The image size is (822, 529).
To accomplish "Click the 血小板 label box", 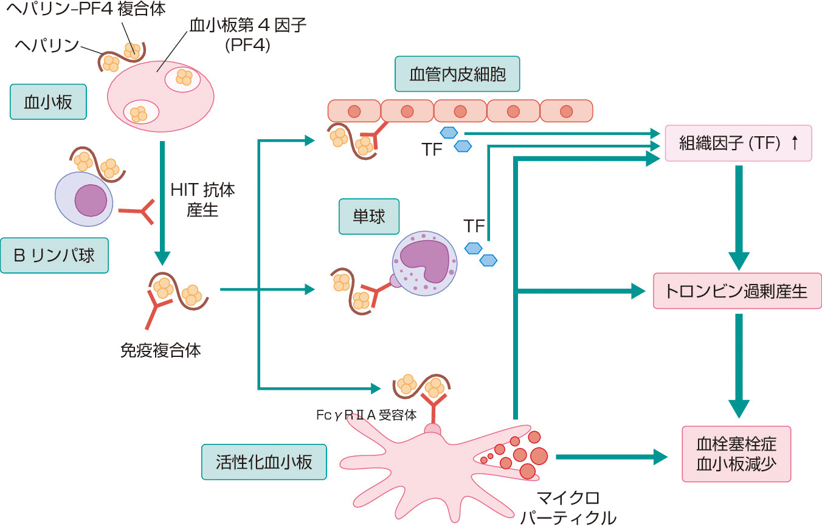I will [48, 102].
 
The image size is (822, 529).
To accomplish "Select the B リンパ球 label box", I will [54, 255].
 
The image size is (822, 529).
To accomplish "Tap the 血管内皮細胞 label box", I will [457, 74].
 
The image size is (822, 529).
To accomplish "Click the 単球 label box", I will [368, 216].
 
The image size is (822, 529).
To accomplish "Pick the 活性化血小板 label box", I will [263, 462].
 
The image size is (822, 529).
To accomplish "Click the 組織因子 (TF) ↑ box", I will [738, 143].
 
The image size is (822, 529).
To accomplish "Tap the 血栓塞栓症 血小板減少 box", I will [736, 454].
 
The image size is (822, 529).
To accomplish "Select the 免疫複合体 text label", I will [161, 350].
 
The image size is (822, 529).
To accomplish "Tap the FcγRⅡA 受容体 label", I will [366, 415].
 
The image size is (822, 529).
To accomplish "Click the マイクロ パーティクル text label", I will [568, 508].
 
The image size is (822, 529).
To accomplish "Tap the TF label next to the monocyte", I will [474, 227].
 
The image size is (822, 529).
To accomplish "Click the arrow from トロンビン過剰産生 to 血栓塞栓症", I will [738, 365].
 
